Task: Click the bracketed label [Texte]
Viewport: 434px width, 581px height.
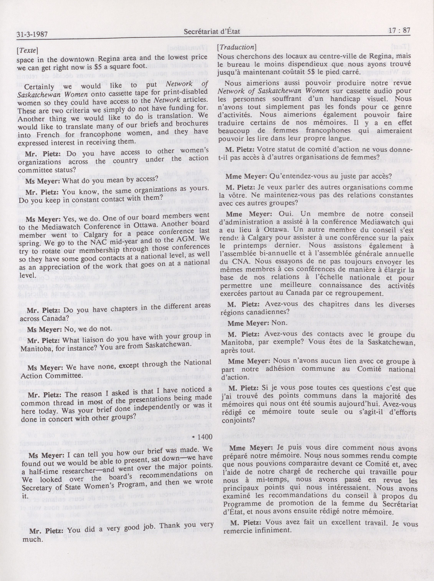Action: coord(27,50)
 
